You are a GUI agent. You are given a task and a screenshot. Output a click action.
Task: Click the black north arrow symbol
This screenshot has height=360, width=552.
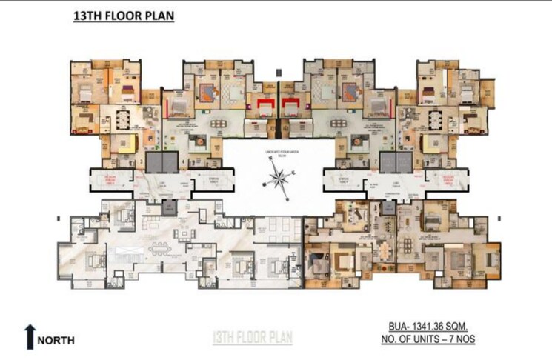coord(29,336)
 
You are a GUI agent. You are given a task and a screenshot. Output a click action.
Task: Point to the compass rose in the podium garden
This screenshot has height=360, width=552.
coord(278,179)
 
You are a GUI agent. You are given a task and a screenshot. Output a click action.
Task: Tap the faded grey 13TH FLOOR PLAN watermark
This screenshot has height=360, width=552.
coord(253,338)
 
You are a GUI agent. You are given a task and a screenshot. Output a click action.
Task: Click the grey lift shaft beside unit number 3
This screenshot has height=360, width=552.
coord(154,161)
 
